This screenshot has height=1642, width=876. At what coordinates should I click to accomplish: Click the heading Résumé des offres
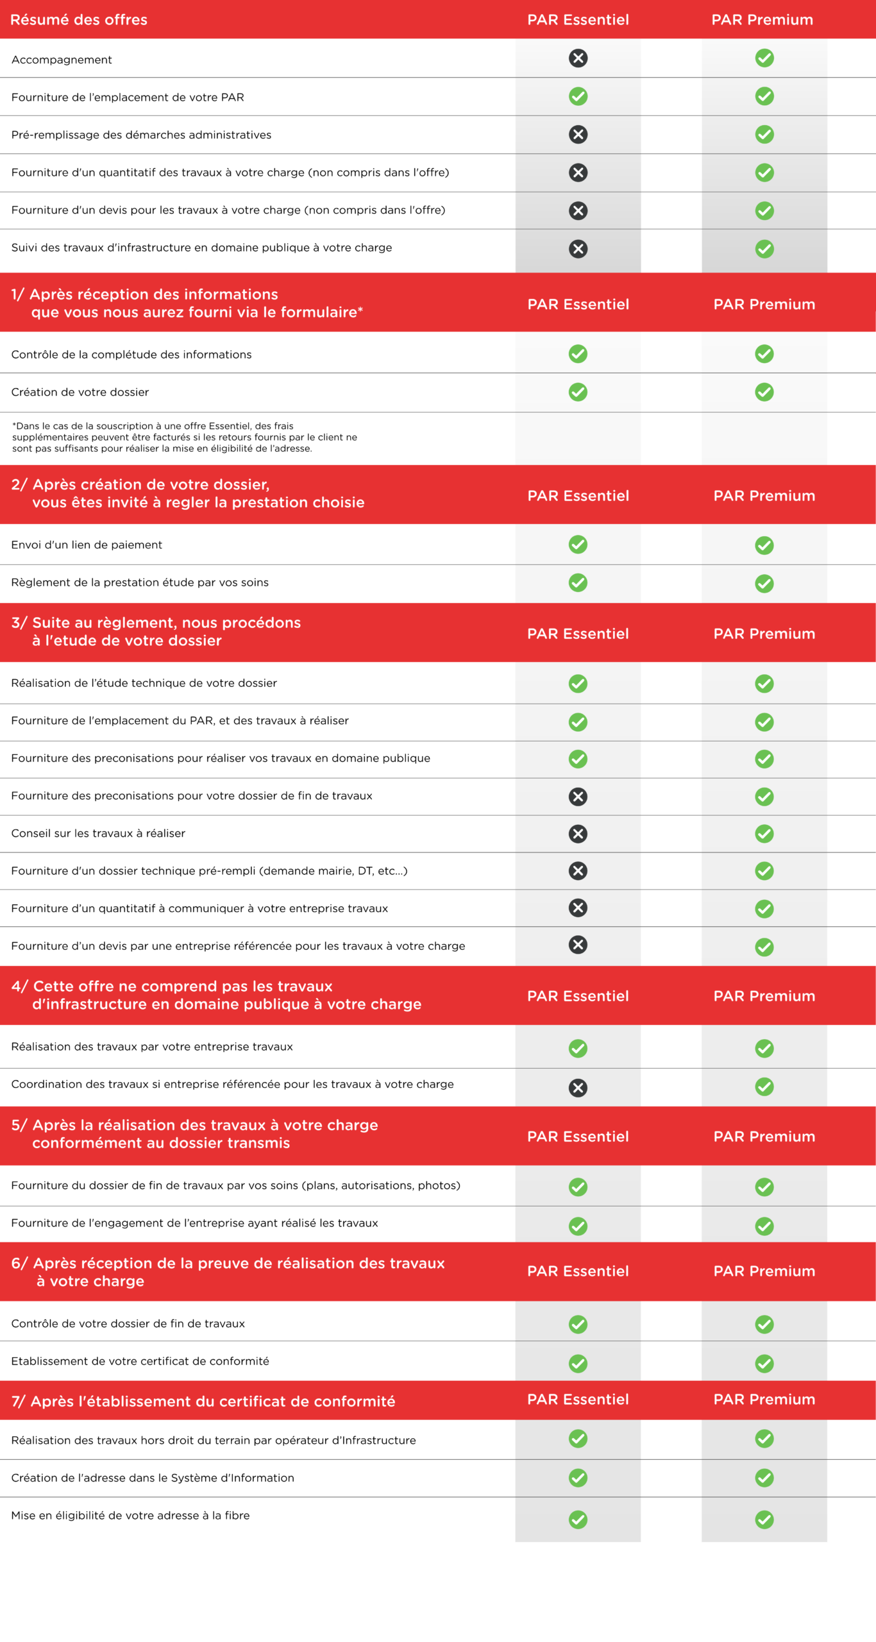79,20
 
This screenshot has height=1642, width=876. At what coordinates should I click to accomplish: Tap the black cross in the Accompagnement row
578,58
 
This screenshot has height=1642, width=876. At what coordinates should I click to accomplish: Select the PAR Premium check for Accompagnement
764,58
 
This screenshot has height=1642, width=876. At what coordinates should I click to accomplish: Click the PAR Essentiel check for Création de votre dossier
578,392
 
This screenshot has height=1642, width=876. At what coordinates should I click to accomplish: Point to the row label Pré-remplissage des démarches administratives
141,135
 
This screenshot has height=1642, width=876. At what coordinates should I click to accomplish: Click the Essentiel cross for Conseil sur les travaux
578,834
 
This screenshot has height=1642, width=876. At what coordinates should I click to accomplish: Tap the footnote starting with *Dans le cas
185,437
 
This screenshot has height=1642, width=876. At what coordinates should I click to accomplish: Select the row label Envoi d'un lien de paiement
87,545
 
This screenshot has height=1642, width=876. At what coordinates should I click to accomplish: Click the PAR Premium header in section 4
764,996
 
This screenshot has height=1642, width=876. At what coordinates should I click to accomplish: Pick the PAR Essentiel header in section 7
578,1400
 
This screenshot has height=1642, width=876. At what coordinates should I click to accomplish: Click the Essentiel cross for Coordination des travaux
578,1088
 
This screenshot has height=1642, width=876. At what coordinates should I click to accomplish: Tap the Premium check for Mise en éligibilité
764,1519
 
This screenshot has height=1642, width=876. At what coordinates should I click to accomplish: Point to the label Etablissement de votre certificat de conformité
140,1361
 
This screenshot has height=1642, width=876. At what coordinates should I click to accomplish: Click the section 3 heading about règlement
156,632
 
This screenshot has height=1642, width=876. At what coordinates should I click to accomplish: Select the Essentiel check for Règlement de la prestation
578,582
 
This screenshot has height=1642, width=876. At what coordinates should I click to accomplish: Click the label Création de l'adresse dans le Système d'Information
153,1478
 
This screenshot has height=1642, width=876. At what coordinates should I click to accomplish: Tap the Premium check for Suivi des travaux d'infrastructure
764,249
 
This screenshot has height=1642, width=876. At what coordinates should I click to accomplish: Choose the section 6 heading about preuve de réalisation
228,1272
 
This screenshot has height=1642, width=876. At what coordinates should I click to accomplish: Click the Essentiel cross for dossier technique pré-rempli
578,870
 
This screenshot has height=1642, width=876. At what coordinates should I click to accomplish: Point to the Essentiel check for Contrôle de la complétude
578,354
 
